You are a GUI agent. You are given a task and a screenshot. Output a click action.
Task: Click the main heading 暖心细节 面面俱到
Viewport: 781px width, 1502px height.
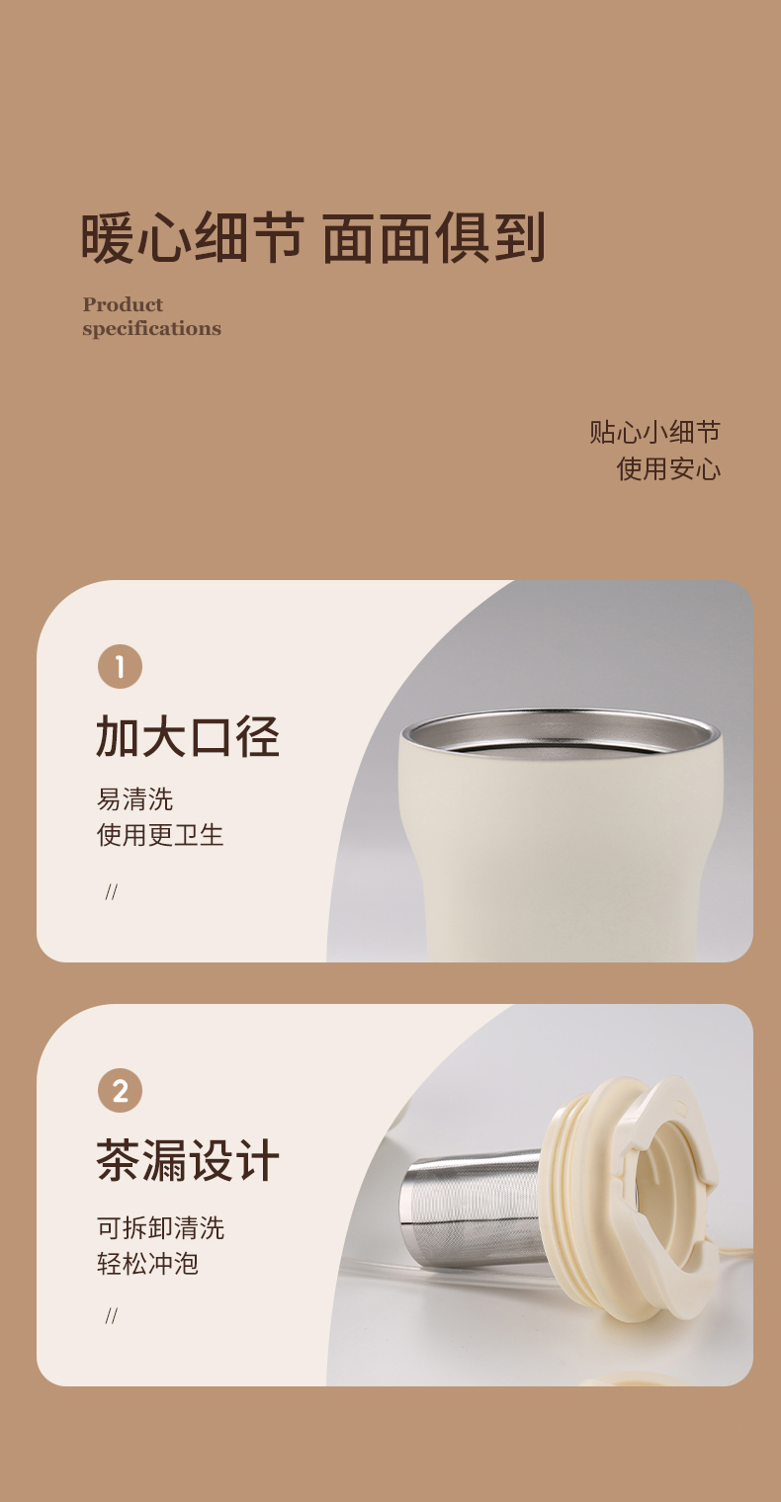[312, 238]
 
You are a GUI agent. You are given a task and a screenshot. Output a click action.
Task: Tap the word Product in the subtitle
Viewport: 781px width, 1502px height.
[123, 304]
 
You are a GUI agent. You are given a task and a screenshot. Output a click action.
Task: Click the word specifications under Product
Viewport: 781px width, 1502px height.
[151, 328]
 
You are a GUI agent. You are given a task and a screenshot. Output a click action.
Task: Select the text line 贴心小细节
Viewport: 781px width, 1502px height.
[654, 432]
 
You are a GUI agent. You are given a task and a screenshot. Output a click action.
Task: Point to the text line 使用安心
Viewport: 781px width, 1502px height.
[668, 468]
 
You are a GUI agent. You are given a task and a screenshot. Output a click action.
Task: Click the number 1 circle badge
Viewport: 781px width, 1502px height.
[120, 666]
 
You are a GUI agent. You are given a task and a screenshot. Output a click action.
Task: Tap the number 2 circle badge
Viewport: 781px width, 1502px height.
[120, 1090]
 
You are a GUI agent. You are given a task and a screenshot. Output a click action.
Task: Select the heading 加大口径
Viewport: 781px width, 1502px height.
[188, 736]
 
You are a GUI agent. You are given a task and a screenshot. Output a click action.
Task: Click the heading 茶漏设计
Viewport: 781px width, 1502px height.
[188, 1160]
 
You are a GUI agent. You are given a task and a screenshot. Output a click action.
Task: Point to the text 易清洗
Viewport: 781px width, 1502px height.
[134, 798]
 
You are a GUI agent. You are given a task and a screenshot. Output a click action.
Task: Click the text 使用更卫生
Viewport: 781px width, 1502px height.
[160, 835]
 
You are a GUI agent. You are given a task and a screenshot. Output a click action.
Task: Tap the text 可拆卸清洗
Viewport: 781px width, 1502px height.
[160, 1227]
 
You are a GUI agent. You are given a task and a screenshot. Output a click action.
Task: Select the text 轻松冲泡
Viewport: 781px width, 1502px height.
[147, 1264]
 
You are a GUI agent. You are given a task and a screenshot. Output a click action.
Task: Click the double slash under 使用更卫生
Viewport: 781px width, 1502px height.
[112, 891]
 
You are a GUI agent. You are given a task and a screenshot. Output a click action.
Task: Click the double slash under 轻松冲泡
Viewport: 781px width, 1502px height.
[112, 1315]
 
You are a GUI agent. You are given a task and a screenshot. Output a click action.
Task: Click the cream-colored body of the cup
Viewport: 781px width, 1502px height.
[561, 859]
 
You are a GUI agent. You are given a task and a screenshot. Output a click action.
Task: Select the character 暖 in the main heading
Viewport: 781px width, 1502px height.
[109, 238]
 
